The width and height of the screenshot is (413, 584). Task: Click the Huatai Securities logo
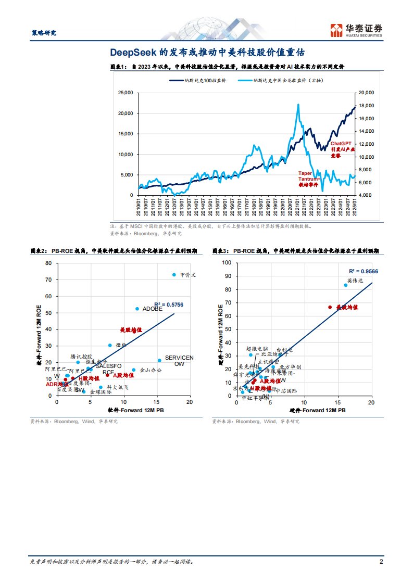[x=357, y=30]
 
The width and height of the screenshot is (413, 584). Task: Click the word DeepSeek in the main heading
[x=130, y=53]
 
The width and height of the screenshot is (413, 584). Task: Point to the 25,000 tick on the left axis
[x=126, y=93]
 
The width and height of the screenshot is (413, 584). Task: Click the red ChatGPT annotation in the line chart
[x=342, y=149]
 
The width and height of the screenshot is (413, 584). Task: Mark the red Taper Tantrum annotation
[x=309, y=179]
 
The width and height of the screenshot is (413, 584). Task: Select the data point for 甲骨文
[x=174, y=275]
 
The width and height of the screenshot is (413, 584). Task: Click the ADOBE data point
[x=137, y=309]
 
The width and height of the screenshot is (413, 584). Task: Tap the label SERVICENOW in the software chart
[x=179, y=361]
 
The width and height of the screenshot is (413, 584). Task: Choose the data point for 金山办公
[x=133, y=370]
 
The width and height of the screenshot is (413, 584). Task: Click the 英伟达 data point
[x=345, y=285]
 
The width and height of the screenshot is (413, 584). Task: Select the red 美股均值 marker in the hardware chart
[x=330, y=307]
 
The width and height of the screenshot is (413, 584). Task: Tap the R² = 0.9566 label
[x=363, y=271]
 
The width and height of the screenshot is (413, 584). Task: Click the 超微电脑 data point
[x=251, y=355]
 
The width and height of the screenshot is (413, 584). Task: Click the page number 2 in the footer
[x=381, y=562]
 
